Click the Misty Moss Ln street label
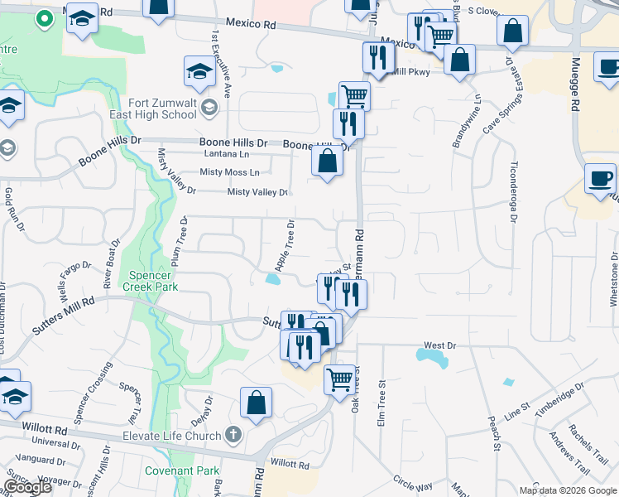(230, 172)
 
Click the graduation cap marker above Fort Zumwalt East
(199, 72)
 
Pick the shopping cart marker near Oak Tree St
(340, 379)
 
